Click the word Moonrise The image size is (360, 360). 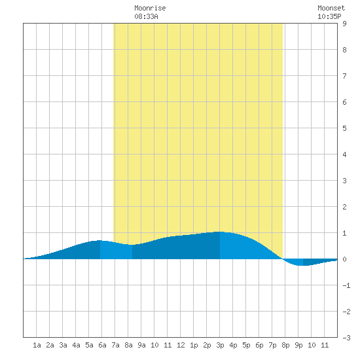point(150,9)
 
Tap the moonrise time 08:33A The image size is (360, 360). point(146,16)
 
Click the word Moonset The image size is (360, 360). point(331,9)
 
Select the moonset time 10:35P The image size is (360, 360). point(329,16)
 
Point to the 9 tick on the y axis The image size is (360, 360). point(344,24)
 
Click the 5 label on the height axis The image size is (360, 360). point(344,128)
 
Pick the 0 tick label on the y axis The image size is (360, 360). point(344,259)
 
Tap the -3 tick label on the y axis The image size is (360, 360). point(346,338)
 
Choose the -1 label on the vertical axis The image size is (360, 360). point(346,285)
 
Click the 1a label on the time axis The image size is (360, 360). point(37,345)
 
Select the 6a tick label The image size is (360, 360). point(102,345)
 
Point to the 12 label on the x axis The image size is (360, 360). point(181,345)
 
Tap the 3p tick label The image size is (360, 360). point(220,345)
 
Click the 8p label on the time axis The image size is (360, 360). point(285,345)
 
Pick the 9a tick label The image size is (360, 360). point(141,345)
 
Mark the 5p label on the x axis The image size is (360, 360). point(246,345)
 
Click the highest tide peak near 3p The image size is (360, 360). point(219,232)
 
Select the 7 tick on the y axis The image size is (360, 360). point(344,76)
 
